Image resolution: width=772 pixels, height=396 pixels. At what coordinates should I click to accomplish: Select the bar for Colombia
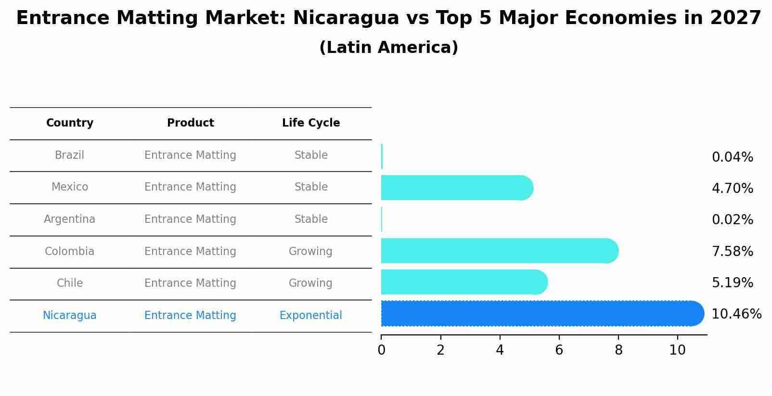point(499,251)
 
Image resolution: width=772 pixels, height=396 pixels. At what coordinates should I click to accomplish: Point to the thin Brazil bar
point(382,156)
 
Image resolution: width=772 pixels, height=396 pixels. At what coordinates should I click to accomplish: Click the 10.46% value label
point(736,314)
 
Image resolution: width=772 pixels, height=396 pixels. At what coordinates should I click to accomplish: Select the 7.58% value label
point(732,251)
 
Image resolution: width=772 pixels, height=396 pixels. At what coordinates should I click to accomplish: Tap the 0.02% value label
point(732,220)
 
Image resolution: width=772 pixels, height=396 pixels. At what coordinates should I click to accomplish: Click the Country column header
point(70,123)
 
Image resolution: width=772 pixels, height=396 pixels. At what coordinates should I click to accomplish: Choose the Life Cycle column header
point(311,123)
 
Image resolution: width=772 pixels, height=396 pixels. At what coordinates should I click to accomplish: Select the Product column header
point(190,123)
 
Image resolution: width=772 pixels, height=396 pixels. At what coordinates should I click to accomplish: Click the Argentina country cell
point(70,219)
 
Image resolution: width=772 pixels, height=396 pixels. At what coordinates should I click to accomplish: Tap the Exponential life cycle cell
point(311,316)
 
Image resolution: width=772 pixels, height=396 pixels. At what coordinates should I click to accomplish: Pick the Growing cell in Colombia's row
point(310,251)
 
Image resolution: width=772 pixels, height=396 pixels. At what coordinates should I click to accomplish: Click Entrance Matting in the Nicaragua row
point(190,316)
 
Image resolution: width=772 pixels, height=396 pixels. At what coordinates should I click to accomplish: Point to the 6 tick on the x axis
point(559,350)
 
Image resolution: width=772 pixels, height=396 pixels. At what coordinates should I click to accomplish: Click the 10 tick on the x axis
point(677,350)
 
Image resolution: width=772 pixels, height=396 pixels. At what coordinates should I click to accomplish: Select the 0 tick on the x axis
point(381,350)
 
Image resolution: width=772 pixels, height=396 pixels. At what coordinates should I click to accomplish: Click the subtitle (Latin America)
point(388,48)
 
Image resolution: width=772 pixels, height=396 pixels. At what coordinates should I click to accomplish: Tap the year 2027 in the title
point(735,18)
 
